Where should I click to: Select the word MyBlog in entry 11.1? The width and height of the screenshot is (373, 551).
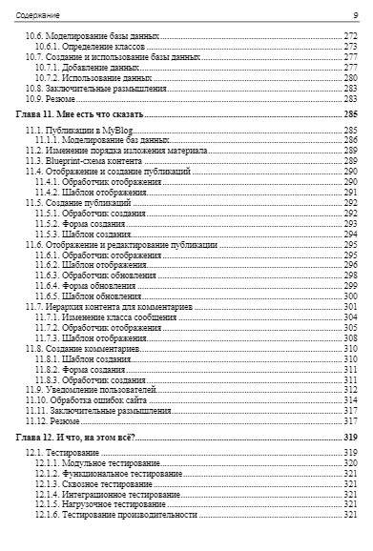click(111, 129)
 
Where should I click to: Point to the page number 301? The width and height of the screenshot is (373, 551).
click(350, 307)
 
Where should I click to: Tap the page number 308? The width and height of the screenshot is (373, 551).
click(350, 338)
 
